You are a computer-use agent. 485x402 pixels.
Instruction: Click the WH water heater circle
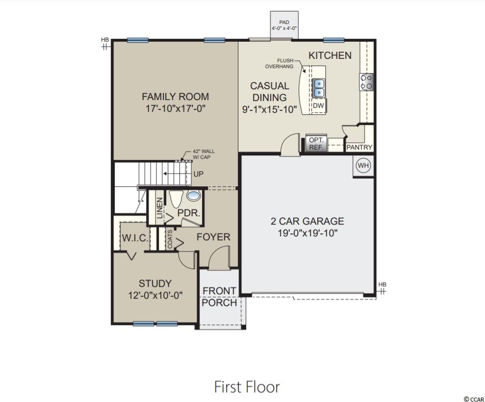363,165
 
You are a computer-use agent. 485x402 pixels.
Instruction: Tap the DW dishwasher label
318,105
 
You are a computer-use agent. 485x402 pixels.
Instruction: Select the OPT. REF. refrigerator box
316,144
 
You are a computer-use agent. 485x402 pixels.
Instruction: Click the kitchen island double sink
318,88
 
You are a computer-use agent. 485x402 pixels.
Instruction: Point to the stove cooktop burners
366,82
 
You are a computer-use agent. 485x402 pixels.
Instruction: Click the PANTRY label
359,147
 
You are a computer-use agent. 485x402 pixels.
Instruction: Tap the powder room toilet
177,199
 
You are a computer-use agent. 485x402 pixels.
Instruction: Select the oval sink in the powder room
194,196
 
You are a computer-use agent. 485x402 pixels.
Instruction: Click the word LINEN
159,208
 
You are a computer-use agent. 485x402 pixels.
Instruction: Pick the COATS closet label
170,239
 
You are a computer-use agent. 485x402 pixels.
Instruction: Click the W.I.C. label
135,238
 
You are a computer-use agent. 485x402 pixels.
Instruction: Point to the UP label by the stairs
198,174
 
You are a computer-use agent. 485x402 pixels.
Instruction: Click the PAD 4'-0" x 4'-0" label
284,25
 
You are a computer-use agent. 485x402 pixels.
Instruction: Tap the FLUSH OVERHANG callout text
280,63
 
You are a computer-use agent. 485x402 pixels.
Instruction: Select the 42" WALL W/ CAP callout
204,154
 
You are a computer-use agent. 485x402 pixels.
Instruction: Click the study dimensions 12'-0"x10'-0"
155,295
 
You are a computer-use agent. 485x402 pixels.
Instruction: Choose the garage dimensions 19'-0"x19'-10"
307,233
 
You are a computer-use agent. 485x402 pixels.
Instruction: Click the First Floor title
247,387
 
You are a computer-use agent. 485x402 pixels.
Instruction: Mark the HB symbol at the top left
105,44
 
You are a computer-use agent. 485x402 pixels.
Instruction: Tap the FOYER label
213,237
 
